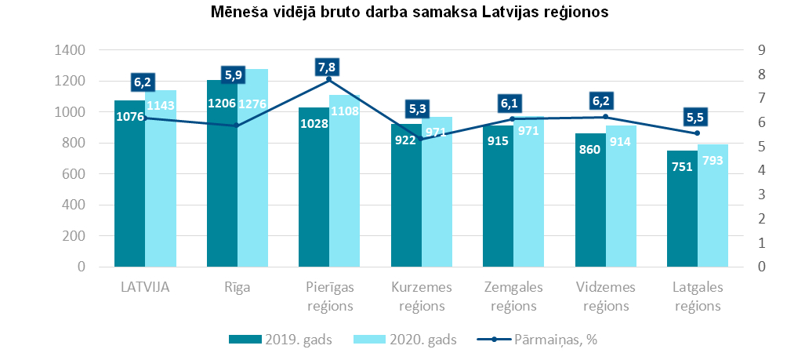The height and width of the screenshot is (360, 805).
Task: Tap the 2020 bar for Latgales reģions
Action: tap(713, 212)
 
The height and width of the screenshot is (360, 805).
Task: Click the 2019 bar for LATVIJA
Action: tap(129, 196)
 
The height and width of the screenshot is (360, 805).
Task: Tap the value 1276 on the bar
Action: tap(252, 104)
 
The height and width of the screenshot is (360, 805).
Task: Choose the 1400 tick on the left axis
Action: tap(71, 50)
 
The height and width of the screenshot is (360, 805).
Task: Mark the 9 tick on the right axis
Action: tap(760, 50)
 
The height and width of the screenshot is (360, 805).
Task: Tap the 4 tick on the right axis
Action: tap(760, 171)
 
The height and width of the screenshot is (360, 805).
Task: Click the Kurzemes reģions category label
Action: tap(422, 296)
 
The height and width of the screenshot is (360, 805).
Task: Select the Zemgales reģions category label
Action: tap(513, 296)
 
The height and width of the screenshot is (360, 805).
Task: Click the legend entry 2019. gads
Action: tap(281, 340)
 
